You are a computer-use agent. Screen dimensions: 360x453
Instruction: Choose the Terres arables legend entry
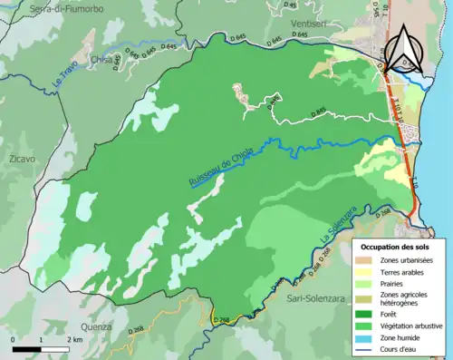click(x=401, y=271)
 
